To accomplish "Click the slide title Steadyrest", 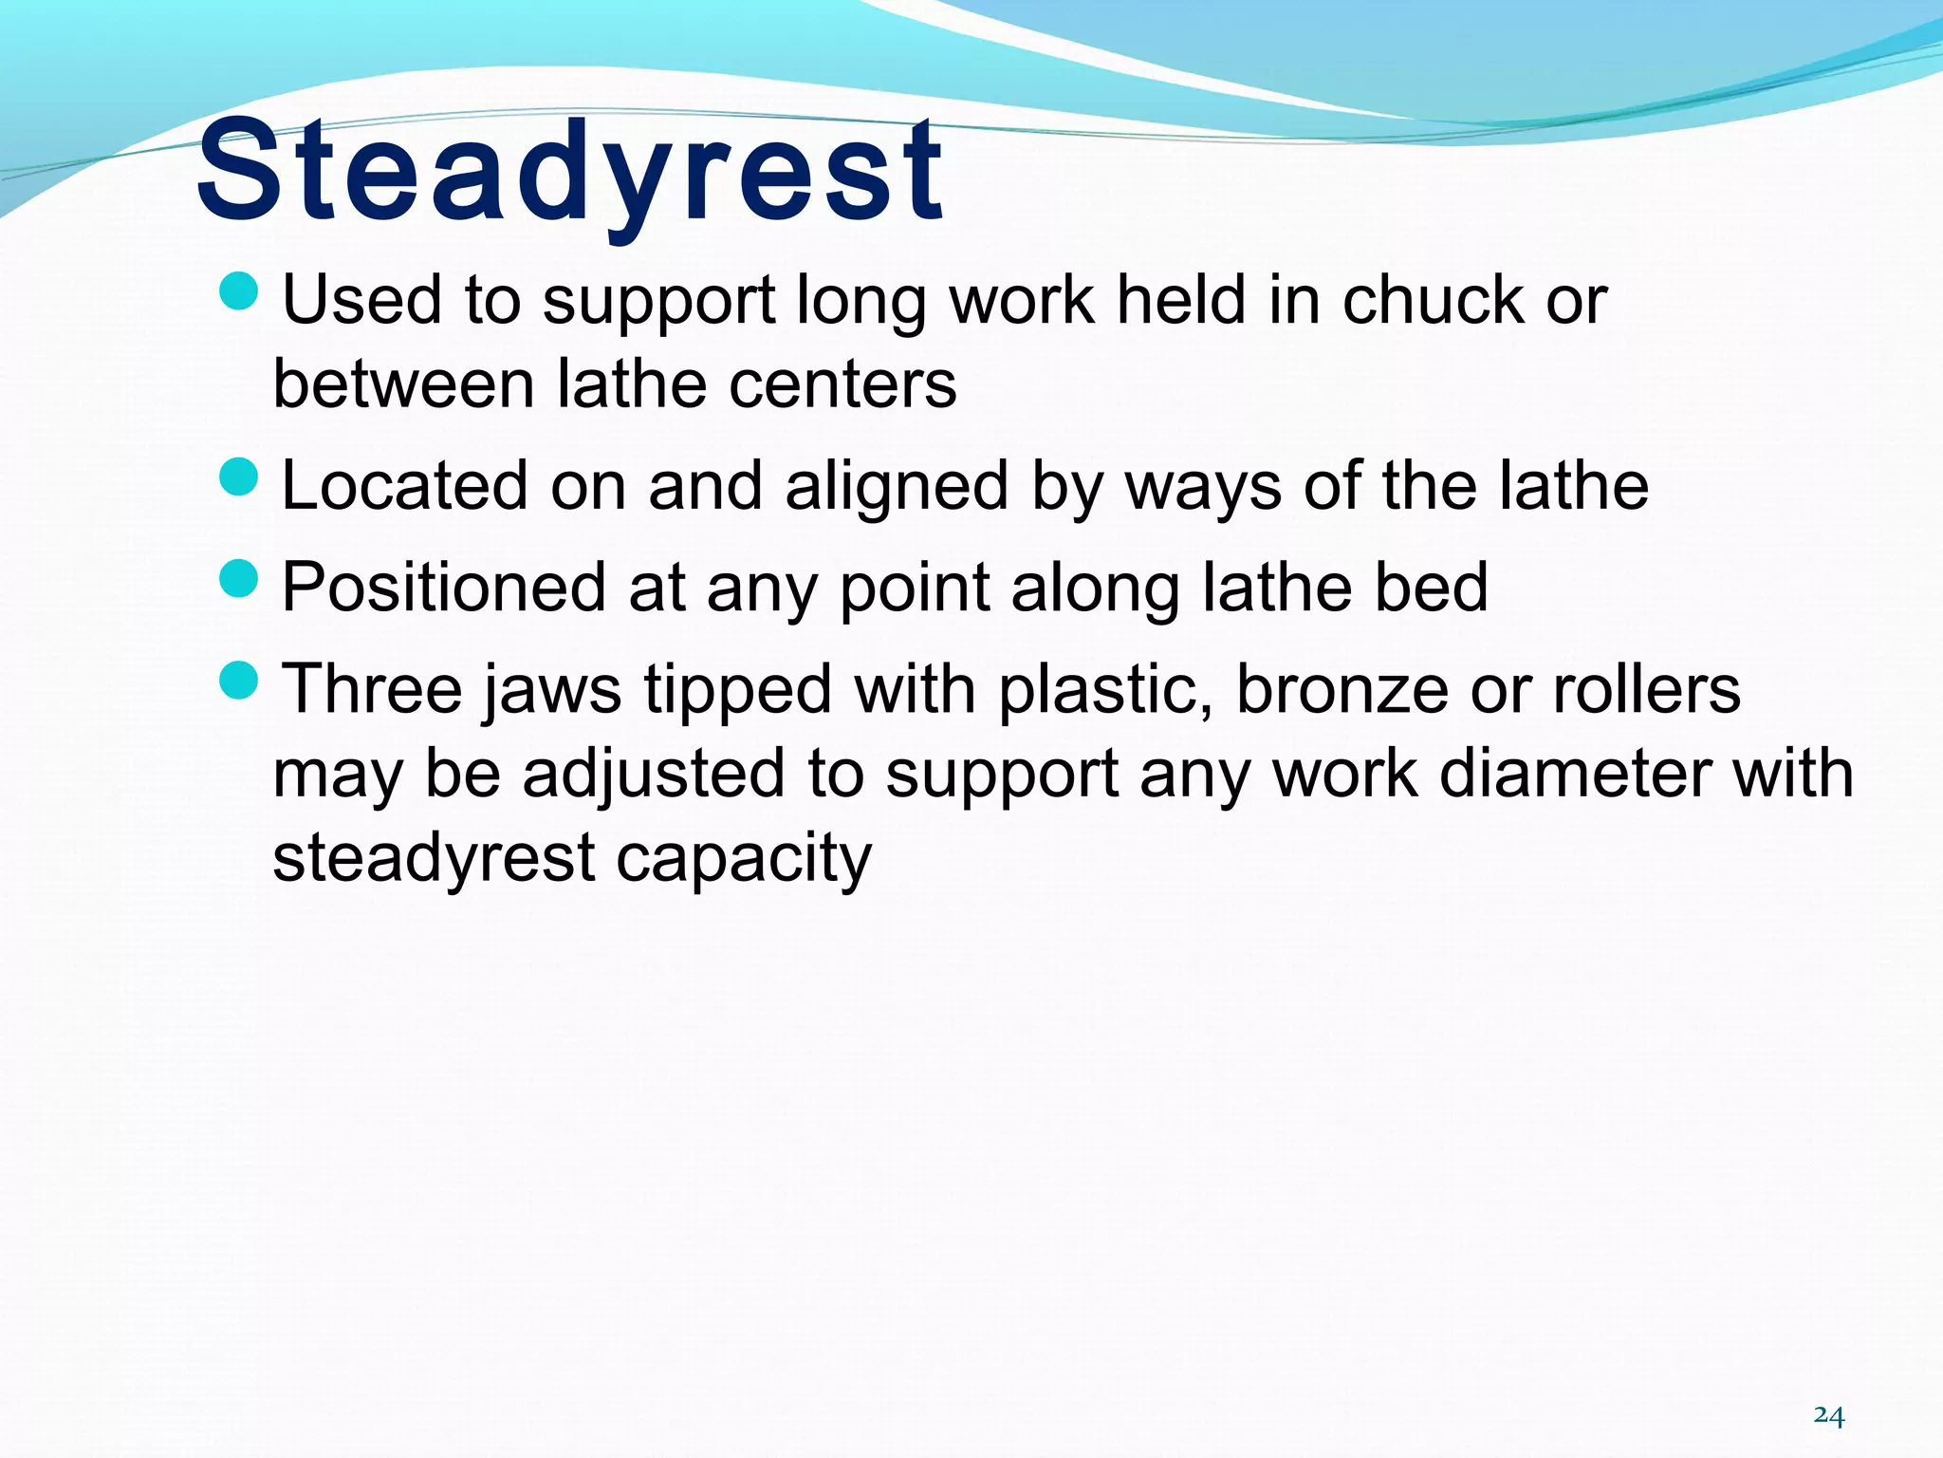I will click(569, 171).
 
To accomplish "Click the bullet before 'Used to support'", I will click(238, 290).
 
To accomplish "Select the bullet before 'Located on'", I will click(238, 477).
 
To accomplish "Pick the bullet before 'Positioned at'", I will click(238, 578).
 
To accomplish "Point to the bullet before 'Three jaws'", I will click(238, 680).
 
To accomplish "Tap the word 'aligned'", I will click(897, 487).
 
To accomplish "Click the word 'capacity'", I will click(743, 860).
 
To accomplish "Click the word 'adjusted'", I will click(655, 775).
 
